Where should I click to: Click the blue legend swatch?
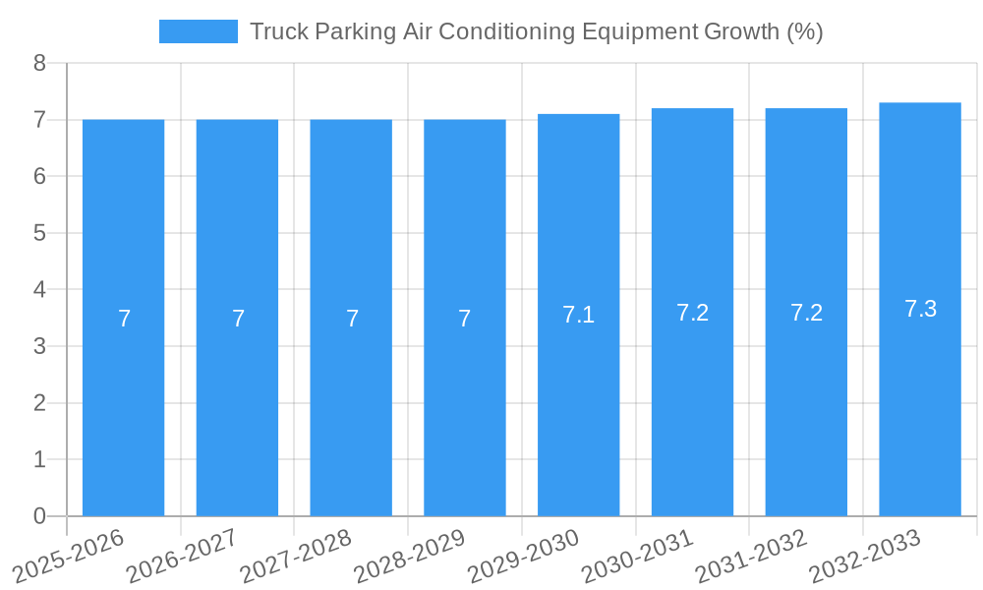pos(198,31)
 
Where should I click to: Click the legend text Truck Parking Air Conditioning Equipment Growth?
pos(536,31)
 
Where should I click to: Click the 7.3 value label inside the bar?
pos(920,309)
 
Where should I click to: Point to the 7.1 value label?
pos(578,315)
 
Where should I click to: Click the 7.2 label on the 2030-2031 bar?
pos(692,313)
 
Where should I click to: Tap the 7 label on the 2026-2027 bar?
pos(238,319)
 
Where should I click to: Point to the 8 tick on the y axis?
pos(39,64)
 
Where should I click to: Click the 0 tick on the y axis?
pos(39,516)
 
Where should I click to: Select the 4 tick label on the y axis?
pos(39,290)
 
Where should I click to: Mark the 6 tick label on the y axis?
pos(39,177)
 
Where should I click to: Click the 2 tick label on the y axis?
pos(39,403)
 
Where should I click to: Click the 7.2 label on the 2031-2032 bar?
pos(806,313)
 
